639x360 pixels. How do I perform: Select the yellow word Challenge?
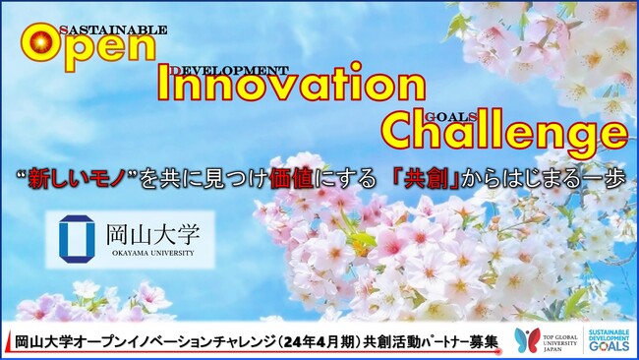tap(502, 130)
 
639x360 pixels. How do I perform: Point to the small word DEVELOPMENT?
tap(228, 70)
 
